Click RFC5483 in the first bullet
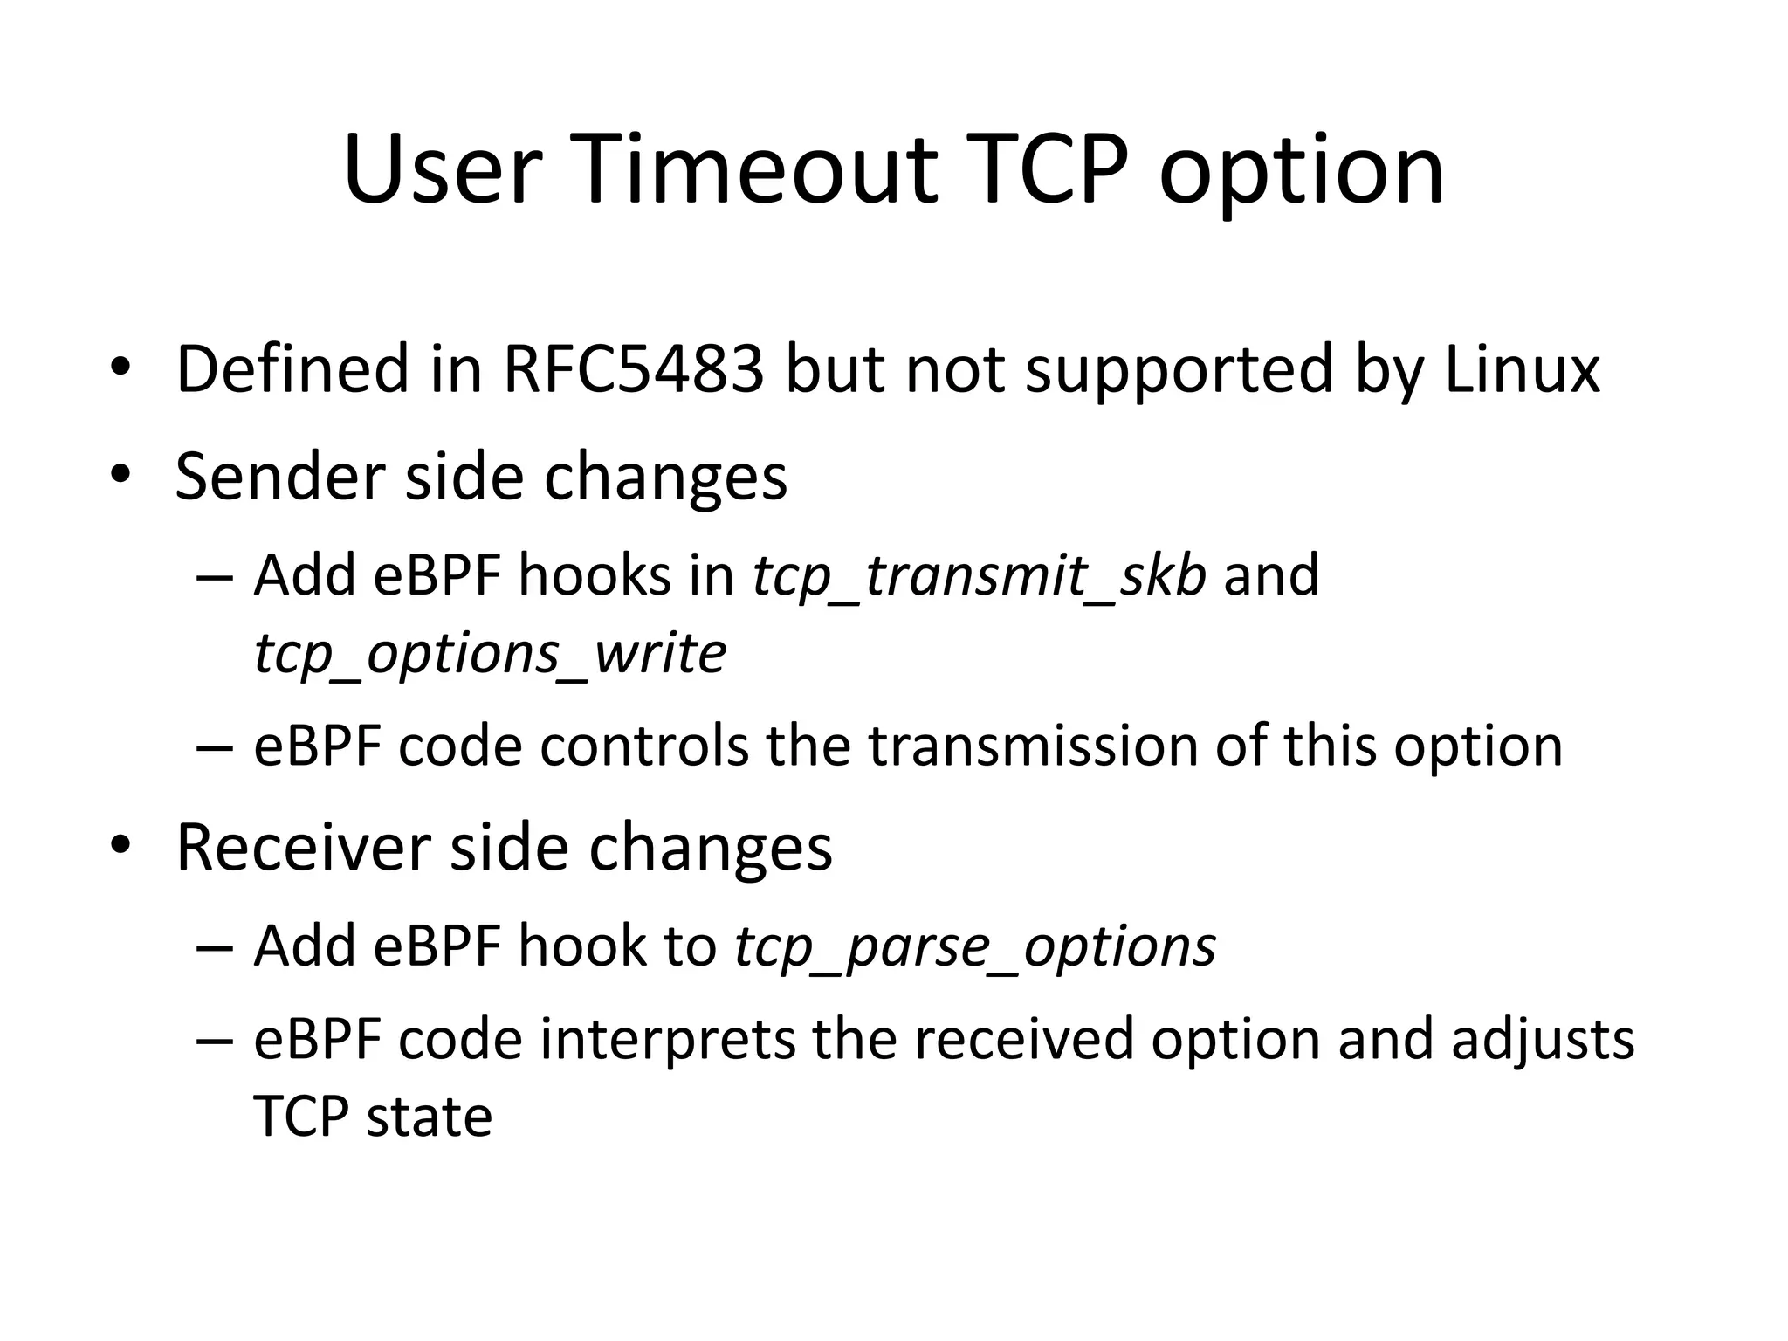click(633, 369)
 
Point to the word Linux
click(1521, 369)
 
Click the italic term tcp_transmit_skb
click(979, 577)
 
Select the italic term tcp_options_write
click(490, 655)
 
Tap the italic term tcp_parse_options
click(975, 948)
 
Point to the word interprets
click(668, 1040)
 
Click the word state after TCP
click(429, 1117)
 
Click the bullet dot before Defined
click(120, 368)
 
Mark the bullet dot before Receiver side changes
click(120, 846)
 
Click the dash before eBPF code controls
click(216, 749)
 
